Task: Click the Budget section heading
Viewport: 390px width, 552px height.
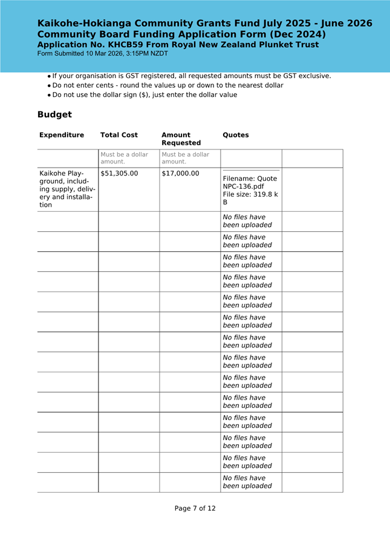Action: [54, 114]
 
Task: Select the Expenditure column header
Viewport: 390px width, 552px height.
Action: [62, 135]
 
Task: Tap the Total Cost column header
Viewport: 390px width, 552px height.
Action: [119, 135]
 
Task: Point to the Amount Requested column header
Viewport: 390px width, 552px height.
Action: [181, 139]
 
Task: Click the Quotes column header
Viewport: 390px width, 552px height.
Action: [236, 135]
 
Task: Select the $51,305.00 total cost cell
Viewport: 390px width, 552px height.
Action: [119, 174]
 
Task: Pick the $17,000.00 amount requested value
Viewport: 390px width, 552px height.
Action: [180, 174]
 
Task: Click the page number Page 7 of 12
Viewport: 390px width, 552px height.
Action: [195, 508]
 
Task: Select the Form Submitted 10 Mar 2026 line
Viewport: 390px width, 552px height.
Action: [102, 54]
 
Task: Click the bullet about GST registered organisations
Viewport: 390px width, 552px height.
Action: [191, 76]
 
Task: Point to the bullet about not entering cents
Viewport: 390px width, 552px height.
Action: [167, 85]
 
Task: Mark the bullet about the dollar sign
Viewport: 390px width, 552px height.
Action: [145, 95]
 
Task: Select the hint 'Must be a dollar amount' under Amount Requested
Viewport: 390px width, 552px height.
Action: [186, 158]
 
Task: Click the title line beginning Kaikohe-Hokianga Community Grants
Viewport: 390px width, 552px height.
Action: [204, 24]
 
